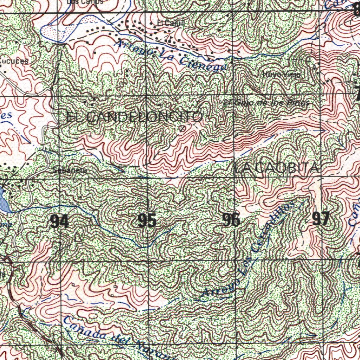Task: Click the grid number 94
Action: [59, 221]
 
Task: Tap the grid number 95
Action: [147, 221]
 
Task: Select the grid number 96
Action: [231, 220]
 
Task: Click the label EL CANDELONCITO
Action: [134, 117]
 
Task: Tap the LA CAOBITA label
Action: [277, 169]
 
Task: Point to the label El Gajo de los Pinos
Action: [266, 103]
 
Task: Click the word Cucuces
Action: [14, 61]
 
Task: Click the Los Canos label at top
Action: [85, 2]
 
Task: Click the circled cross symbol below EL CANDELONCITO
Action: [182, 129]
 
